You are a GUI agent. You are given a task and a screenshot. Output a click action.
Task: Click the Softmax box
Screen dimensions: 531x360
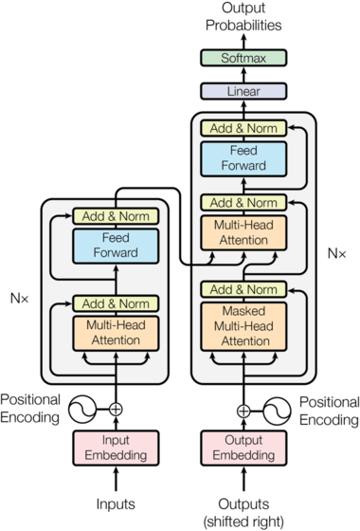[243, 59]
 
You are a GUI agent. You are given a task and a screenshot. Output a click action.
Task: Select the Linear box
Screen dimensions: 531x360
[243, 92]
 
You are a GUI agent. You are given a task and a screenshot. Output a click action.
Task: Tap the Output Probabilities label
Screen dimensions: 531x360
[243, 17]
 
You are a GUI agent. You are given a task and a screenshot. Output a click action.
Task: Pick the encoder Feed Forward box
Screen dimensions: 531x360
[116, 246]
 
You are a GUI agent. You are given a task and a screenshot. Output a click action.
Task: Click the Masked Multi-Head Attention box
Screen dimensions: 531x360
[243, 324]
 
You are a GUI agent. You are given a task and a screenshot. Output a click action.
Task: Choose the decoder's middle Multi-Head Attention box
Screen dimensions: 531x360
[243, 234]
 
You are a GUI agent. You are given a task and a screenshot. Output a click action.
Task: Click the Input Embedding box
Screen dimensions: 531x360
[116, 449]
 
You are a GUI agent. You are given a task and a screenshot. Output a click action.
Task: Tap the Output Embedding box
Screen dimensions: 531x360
[243, 449]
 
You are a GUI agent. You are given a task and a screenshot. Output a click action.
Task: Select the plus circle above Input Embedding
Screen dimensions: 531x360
[116, 410]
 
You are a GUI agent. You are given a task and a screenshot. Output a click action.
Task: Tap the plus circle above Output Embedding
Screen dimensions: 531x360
[243, 411]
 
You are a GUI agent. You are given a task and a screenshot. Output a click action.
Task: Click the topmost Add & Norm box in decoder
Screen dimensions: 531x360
[243, 127]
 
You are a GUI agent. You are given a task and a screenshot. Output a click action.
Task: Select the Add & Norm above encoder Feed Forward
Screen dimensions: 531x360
[116, 215]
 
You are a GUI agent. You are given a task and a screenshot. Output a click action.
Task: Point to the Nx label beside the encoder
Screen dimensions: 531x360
[19, 299]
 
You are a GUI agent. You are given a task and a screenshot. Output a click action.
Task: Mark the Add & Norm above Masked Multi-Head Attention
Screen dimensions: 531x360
[243, 291]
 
